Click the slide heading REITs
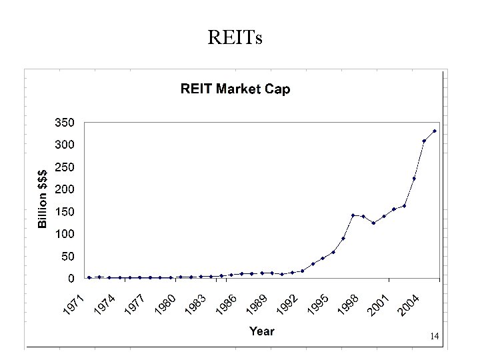tap(235, 38)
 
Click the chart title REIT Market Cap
tap(235, 89)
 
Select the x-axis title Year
tap(262, 331)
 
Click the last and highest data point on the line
tap(435, 131)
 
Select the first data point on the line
tap(89, 277)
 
